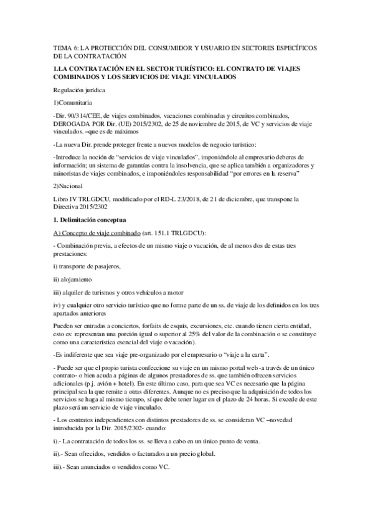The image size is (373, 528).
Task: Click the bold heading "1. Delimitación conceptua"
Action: click(x=91, y=221)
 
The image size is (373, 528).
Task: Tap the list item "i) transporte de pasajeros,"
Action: click(x=87, y=266)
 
